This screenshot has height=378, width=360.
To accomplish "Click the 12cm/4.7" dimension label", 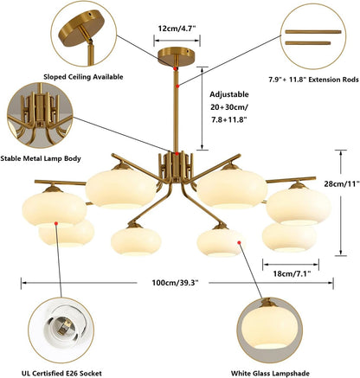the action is pos(177,29).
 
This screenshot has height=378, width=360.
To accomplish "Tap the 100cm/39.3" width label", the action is pos(176,283).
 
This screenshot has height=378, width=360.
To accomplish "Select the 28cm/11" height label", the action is pos(342,183).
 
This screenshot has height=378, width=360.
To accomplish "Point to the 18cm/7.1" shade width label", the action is pos(292,273).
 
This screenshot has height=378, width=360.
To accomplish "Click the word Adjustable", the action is pos(229,94).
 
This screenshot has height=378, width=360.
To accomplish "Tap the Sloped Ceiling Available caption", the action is pos(83,77).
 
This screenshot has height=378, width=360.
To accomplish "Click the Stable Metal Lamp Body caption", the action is pos(41,158).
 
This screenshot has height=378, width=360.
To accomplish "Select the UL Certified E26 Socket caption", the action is pos(61,373).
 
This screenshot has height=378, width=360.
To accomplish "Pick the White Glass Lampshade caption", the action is pos(270,373).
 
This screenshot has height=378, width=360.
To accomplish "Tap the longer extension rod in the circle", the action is pos(313,32).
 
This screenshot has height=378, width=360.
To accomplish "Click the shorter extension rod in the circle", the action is pos(308,43).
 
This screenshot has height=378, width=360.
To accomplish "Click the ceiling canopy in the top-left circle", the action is pos(80,29).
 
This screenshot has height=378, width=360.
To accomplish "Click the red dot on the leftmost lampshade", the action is pos(56,223).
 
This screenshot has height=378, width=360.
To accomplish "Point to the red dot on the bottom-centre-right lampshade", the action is pos(239,242).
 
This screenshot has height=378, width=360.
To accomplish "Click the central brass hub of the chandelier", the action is pos(176,167).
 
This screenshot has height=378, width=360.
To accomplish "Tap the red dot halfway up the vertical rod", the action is pos(177,86).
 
